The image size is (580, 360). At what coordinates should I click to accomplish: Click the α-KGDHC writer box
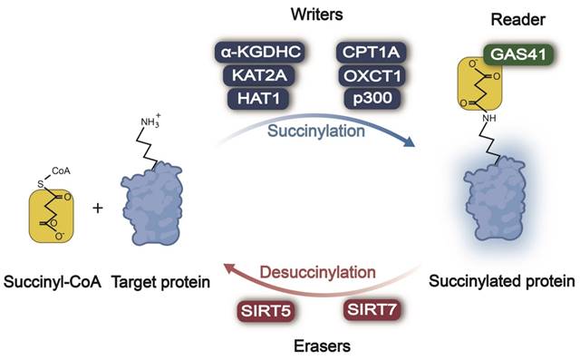(260, 53)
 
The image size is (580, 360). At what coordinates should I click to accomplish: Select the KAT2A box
(259, 75)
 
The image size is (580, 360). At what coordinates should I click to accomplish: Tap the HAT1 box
(258, 99)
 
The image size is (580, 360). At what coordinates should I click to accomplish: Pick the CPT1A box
(372, 53)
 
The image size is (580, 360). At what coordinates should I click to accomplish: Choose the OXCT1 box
(372, 76)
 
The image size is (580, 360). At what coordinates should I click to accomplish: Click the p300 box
(372, 99)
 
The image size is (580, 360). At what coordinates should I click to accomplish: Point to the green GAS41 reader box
(518, 54)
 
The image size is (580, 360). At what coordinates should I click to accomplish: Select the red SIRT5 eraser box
(266, 311)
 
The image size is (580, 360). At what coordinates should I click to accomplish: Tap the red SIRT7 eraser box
(372, 309)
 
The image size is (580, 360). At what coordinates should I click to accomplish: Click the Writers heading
(316, 15)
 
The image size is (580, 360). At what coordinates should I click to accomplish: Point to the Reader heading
(517, 20)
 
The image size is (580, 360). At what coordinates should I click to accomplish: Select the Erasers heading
(322, 346)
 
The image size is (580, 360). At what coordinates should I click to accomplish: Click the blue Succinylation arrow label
(316, 131)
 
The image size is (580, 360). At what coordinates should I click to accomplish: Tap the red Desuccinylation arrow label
(318, 273)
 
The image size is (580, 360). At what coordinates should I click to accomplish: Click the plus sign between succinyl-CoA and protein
(98, 209)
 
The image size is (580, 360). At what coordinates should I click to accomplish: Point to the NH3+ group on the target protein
(151, 121)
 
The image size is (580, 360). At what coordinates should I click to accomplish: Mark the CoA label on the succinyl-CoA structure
(61, 171)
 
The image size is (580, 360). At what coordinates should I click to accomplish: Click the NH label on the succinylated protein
(489, 118)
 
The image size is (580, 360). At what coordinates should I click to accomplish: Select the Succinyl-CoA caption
(53, 282)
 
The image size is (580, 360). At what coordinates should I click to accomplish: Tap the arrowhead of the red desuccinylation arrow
(228, 268)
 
